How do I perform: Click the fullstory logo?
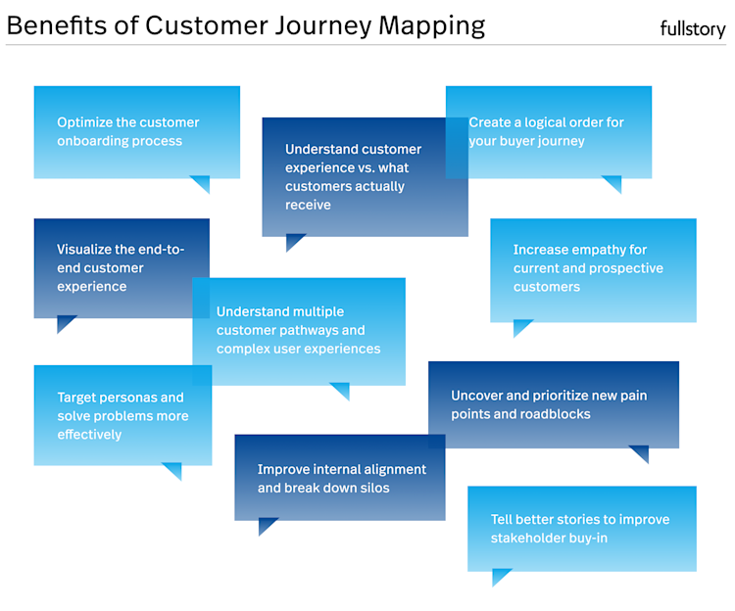[693, 29]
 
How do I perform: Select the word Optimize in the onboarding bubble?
[85, 122]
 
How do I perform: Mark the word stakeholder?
[531, 538]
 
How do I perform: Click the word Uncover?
[477, 396]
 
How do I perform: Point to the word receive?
[308, 205]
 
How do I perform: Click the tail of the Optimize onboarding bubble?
[201, 183]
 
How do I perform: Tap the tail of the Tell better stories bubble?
[501, 577]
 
